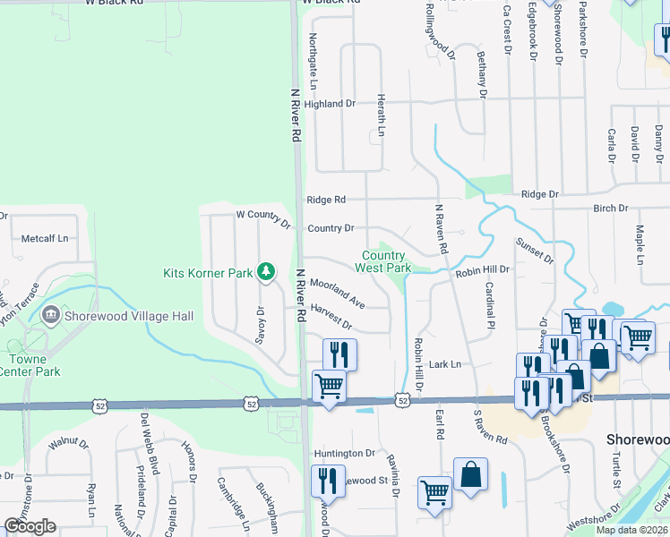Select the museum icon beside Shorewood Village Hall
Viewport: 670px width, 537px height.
50,315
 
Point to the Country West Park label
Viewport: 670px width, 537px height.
383,261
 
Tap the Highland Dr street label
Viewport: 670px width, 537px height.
330,104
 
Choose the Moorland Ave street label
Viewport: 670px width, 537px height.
337,293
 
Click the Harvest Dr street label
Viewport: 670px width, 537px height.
331,315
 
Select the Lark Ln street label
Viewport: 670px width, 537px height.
444,364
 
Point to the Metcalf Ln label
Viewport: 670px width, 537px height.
45,239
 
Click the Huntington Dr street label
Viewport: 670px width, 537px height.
345,454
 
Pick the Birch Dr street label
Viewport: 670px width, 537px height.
610,208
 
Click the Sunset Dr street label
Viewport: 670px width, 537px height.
534,251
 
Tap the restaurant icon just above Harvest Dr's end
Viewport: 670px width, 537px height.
339,354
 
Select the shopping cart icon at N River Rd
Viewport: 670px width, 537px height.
329,388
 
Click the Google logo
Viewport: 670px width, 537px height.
30,525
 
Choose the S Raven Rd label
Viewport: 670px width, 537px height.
490,429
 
